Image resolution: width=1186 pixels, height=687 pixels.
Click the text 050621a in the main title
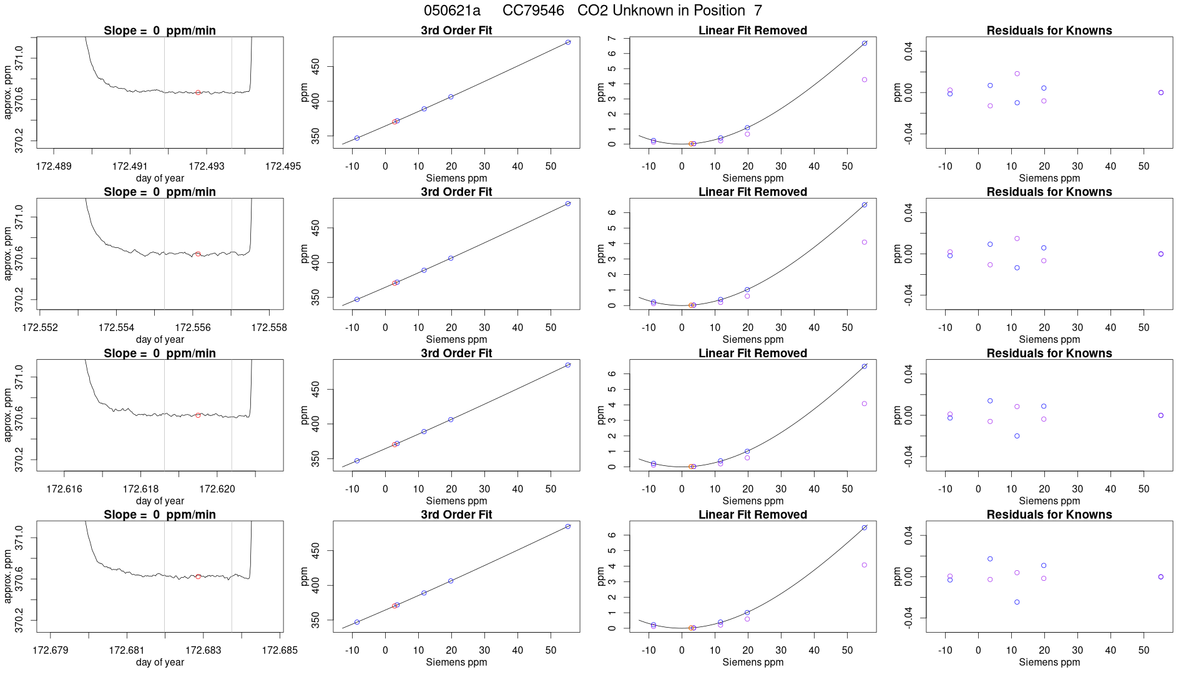point(452,11)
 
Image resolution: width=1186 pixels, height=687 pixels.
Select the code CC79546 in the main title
point(533,11)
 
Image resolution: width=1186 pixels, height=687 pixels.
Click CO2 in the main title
point(591,11)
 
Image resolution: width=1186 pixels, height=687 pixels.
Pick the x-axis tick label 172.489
point(54,166)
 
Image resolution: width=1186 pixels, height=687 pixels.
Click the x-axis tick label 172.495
point(283,166)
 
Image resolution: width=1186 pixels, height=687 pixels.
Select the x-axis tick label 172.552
point(40,328)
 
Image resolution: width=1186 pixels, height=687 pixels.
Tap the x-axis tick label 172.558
point(269,328)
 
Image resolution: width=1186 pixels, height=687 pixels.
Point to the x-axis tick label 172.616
point(64,489)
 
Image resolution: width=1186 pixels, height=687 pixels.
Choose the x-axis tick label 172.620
point(217,489)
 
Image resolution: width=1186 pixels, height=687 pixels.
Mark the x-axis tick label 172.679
point(51,650)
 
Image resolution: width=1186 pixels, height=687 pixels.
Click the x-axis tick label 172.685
point(280,650)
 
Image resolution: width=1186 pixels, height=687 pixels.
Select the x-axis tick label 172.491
point(130,166)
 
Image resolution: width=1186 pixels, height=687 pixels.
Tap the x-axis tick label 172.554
point(116,328)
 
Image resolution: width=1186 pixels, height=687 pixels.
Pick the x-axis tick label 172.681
point(127,650)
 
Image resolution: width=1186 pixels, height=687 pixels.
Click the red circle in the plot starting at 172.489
point(198,92)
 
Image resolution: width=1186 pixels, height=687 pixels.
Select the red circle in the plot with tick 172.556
point(198,254)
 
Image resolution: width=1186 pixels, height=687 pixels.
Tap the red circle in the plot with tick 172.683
point(198,577)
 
